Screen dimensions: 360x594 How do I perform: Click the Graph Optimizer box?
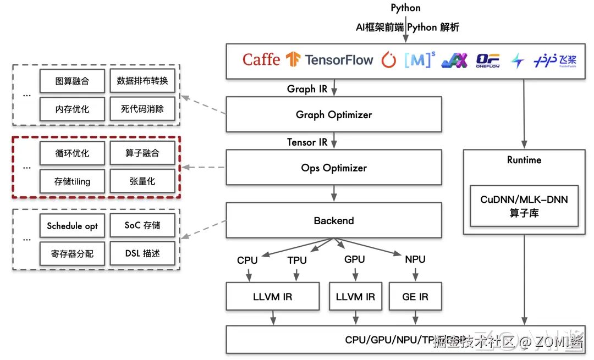pos(334,115)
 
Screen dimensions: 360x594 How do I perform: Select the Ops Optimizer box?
pos(334,168)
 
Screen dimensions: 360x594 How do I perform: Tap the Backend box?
pos(334,221)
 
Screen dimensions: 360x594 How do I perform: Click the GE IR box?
pos(415,297)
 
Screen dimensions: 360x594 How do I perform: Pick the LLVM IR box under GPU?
pos(355,297)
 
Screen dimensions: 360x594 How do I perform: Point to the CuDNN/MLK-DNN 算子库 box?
pos(524,206)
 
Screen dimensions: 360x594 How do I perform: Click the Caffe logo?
pos(261,59)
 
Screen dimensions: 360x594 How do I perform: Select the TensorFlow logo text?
pos(339,59)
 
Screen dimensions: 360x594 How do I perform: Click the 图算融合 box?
pos(72,81)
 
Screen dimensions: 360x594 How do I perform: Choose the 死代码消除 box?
pos(142,109)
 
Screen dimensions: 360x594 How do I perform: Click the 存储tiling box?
pos(72,181)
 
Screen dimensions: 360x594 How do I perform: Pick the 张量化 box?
pos(142,181)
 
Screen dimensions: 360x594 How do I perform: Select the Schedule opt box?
pos(72,226)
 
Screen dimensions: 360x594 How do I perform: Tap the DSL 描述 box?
pos(142,253)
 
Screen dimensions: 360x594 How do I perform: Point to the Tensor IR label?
pos(307,142)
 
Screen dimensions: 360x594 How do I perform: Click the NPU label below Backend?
pos(415,259)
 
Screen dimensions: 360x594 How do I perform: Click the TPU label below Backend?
pos(297,260)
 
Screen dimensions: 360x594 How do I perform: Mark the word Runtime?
pos(524,160)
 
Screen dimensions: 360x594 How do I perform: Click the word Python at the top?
pos(405,8)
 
